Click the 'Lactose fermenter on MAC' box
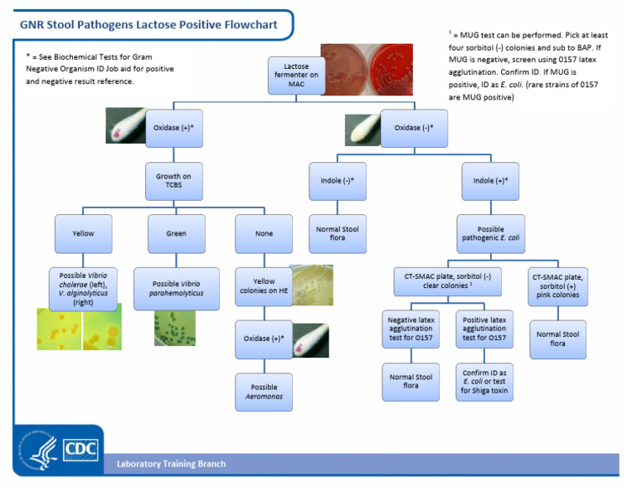coord(296,75)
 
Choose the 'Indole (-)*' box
coord(337,181)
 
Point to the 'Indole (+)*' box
coord(489,181)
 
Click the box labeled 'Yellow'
coord(82,234)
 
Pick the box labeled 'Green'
coord(176,234)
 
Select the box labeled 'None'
coord(264,234)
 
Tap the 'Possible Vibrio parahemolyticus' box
coord(176,289)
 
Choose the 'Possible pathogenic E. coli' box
coord(489,234)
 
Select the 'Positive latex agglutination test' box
coord(484,329)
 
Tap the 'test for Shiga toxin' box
coord(484,382)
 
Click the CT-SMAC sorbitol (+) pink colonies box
coord(558,286)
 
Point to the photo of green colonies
coord(175,328)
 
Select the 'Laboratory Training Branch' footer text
coord(170,464)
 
